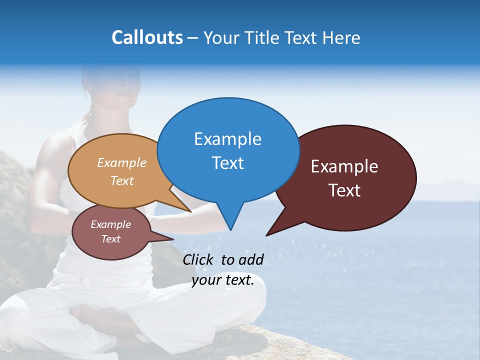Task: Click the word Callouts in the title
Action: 147,37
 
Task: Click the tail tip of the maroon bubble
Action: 267,234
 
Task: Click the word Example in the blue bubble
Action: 227,139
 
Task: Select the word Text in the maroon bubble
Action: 344,190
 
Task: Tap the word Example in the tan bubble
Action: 122,163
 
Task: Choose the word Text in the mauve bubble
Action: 111,239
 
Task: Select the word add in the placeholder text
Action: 251,259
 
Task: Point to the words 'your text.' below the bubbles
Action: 223,280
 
